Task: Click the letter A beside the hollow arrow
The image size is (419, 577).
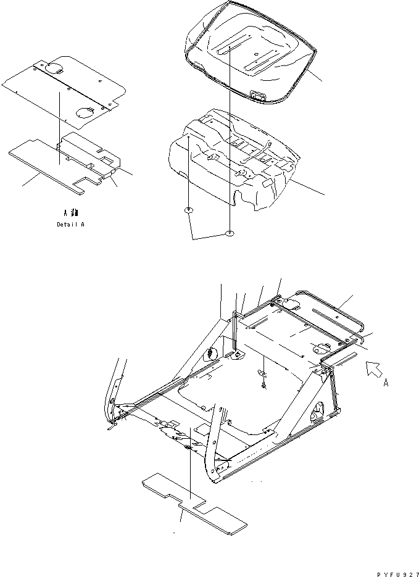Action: click(x=386, y=383)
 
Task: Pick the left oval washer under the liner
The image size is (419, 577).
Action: click(x=189, y=211)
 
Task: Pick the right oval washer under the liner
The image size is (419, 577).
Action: click(x=230, y=233)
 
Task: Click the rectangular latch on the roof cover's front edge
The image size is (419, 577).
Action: click(x=257, y=95)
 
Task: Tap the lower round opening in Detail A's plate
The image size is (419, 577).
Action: click(x=86, y=112)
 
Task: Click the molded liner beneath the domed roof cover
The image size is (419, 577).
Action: click(x=234, y=154)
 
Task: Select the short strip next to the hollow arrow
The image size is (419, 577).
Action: click(x=344, y=357)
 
